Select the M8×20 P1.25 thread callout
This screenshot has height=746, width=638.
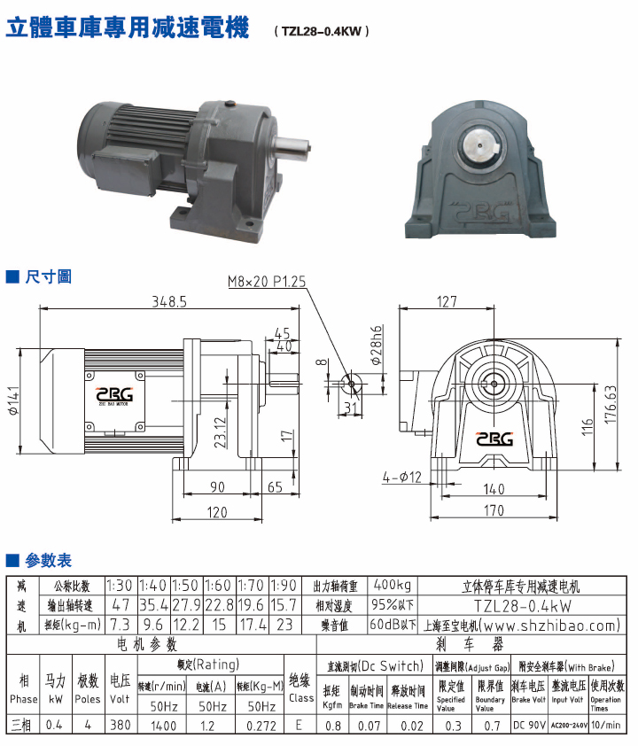tap(267, 282)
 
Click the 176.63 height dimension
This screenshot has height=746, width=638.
tap(611, 405)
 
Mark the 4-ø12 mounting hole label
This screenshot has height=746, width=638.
tap(402, 478)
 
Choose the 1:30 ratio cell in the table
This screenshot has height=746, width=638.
tap(120, 586)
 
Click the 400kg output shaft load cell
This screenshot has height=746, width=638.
tap(391, 586)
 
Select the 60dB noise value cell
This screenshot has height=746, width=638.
tap(391, 626)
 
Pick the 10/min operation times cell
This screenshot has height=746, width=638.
tap(606, 727)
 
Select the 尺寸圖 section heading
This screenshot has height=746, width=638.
tap(48, 276)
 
